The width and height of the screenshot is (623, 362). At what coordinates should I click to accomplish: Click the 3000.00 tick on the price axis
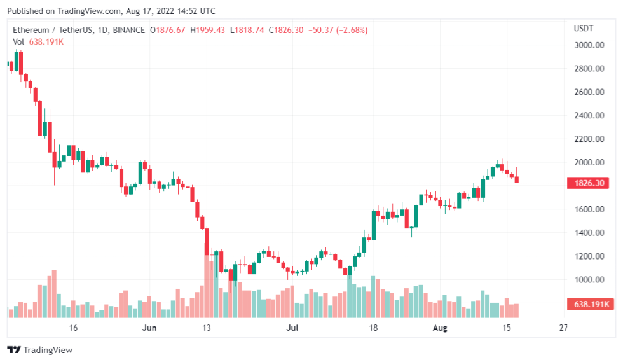(589, 45)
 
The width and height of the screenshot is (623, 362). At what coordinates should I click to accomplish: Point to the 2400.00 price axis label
(589, 116)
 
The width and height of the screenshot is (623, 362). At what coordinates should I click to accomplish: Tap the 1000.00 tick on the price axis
(589, 280)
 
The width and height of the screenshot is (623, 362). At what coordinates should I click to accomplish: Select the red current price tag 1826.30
(589, 183)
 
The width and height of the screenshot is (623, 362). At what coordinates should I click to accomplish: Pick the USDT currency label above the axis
(583, 29)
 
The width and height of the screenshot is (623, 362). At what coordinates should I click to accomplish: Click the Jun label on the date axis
(149, 328)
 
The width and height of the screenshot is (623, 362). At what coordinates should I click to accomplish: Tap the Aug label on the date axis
(440, 328)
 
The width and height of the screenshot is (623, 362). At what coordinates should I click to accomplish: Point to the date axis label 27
(563, 328)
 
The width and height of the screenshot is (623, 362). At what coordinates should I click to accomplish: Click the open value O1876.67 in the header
(168, 30)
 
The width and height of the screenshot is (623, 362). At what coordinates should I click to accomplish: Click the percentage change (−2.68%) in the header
(346, 30)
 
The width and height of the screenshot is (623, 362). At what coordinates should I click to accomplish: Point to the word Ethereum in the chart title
(31, 30)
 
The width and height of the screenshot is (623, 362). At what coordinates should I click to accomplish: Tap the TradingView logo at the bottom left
(39, 350)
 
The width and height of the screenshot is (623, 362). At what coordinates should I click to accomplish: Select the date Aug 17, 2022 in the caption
(151, 11)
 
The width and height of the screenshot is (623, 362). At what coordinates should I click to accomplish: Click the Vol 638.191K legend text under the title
(38, 41)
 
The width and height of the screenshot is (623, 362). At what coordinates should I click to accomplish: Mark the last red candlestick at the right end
(517, 179)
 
